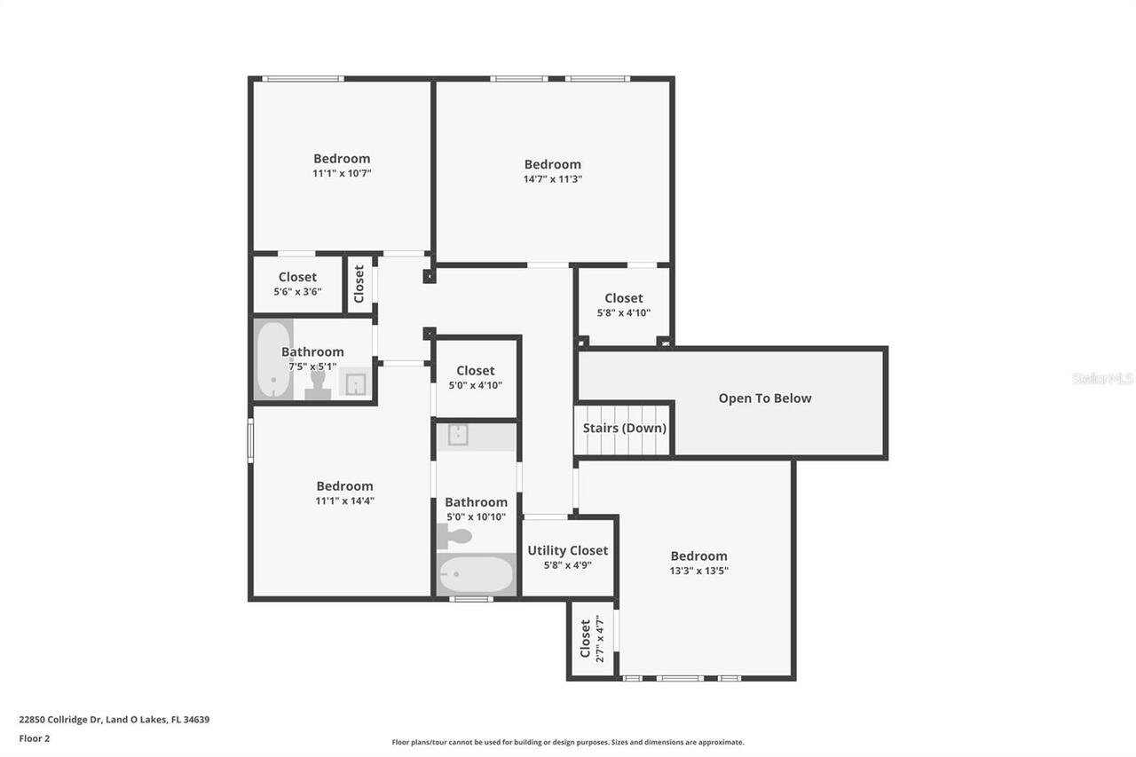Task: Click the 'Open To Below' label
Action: point(764,398)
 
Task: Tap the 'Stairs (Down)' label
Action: point(624,428)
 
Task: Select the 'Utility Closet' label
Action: point(568,550)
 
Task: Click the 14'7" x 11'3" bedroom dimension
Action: point(552,178)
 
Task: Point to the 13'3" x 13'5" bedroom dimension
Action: point(698,571)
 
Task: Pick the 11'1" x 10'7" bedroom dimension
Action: point(341,173)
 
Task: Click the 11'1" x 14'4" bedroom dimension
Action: point(344,501)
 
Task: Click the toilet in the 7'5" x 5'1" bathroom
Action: point(318,385)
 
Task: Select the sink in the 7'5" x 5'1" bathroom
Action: point(355,382)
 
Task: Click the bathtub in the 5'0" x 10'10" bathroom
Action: point(476,575)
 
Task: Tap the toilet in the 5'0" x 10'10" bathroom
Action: point(454,536)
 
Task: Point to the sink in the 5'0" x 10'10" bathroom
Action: point(458,435)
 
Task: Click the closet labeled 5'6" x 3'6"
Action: point(297,284)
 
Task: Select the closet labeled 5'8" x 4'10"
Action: point(623,305)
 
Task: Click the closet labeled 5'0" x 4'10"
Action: point(475,377)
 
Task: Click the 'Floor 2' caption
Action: point(35,738)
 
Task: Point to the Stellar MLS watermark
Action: point(1102,378)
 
